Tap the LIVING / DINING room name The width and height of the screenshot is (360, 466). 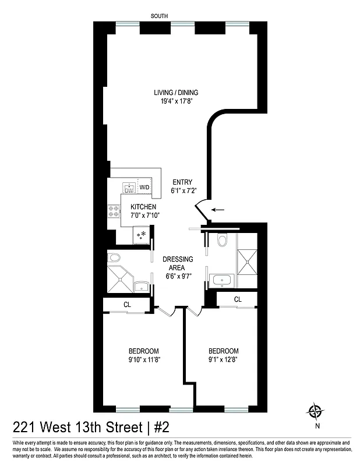176,93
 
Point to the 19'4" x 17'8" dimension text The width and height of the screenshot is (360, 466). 176,101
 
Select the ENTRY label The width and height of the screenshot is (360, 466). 182,182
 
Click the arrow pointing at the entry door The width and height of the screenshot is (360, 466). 218,210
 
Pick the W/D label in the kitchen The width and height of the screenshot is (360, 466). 144,187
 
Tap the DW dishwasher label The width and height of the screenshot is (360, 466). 129,189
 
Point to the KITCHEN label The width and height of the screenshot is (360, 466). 143,207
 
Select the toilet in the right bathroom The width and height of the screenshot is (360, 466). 221,241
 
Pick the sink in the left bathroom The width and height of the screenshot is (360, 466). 140,285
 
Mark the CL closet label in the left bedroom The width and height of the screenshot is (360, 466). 127,304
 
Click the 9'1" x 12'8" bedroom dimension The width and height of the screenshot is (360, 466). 224,359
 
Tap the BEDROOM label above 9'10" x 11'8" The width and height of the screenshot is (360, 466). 144,351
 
